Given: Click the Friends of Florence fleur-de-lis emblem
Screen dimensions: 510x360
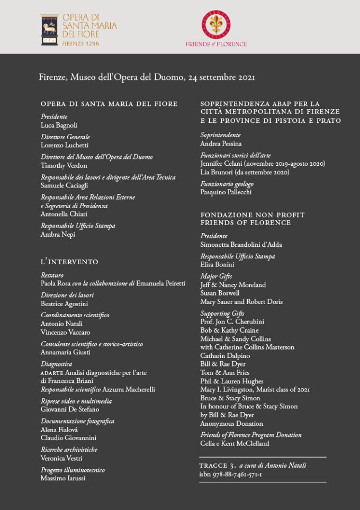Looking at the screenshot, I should pyautogui.click(x=215, y=24).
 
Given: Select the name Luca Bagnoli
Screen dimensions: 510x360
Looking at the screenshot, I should pyautogui.click(x=59, y=126).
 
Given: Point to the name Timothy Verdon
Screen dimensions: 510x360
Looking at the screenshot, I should pyautogui.click(x=64, y=166).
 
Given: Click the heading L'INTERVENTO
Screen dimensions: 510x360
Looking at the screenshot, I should pyautogui.click(x=69, y=262).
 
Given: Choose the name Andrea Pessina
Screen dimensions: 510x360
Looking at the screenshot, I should pyautogui.click(x=221, y=144).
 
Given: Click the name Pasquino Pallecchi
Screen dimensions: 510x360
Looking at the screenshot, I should pyautogui.click(x=226, y=192).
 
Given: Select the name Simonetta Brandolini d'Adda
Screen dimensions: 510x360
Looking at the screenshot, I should pyautogui.click(x=241, y=245).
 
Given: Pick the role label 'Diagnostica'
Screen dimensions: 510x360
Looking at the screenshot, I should pyautogui.click(x=57, y=364).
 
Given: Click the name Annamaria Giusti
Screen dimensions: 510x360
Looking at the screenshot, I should pyautogui.click(x=66, y=353).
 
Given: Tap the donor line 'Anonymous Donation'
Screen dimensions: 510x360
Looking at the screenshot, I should pyautogui.click(x=231, y=424).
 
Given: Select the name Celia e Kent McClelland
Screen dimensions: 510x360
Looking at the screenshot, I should pyautogui.click(x=235, y=443).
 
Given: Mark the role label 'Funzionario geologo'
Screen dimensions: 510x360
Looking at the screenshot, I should pyautogui.click(x=227, y=184).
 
